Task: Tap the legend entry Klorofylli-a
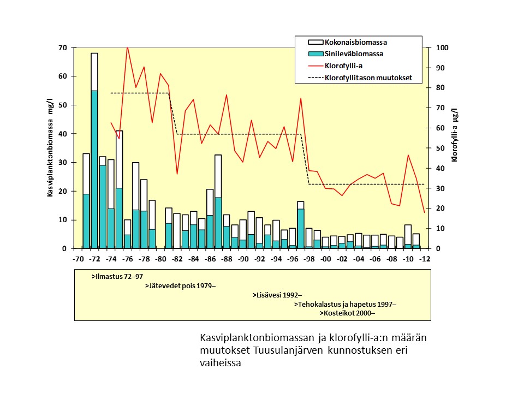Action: (x=343, y=65)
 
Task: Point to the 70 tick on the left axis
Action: (x=63, y=48)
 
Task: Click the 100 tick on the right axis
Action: (x=442, y=48)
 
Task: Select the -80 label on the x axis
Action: (x=160, y=259)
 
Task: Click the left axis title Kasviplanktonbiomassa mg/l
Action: (x=50, y=148)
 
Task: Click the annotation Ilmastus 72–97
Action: (x=117, y=277)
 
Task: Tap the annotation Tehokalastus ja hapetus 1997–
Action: (x=345, y=304)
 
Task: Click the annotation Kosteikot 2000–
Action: (x=347, y=313)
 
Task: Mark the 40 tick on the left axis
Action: (x=63, y=134)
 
